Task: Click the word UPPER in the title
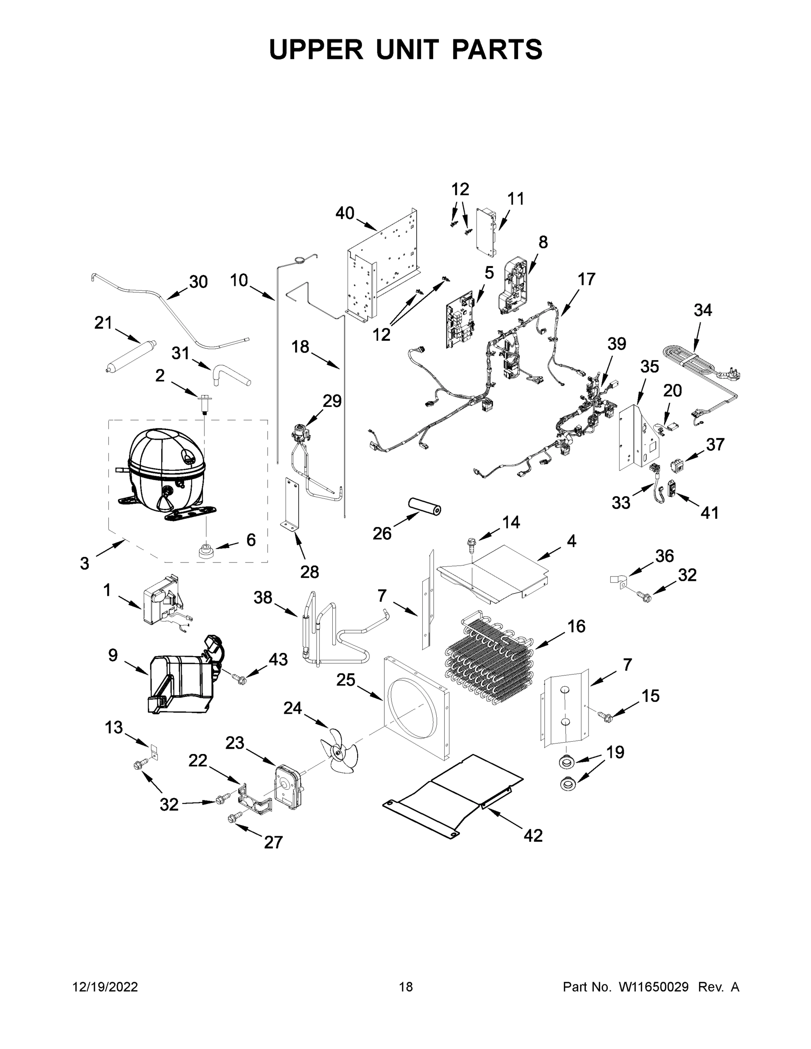click(x=316, y=49)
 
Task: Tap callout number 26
click(x=382, y=533)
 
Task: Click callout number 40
click(x=345, y=213)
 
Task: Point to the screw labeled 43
click(x=239, y=679)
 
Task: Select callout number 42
click(x=533, y=835)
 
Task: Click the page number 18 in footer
click(x=406, y=987)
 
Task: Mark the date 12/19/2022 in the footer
click(x=105, y=987)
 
